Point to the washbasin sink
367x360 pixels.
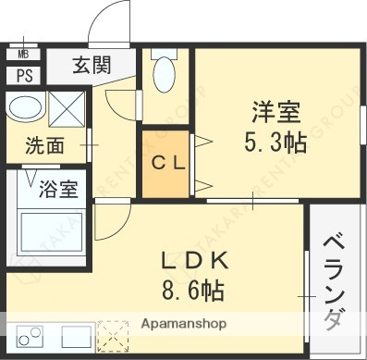23,107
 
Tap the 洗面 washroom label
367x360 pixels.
43,145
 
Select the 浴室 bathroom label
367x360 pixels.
58,192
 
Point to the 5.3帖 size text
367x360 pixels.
275,143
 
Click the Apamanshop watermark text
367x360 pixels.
183,325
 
